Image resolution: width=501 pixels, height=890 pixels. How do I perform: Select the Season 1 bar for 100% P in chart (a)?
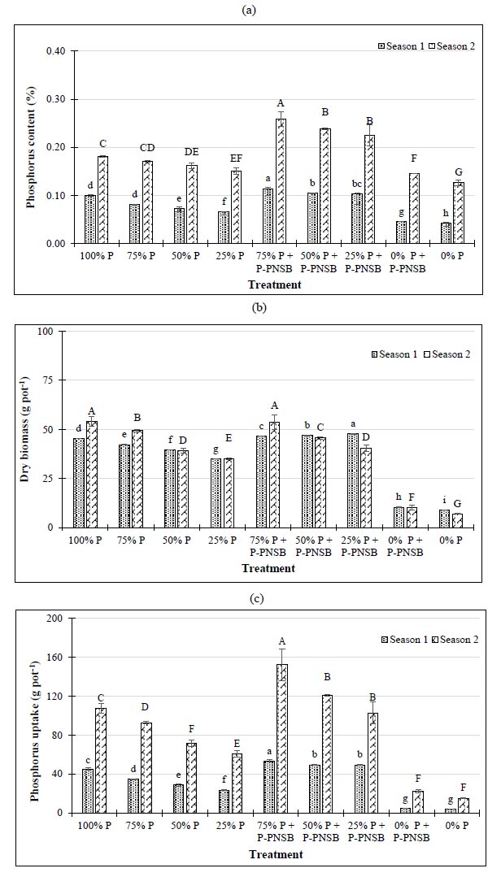pyautogui.click(x=90, y=219)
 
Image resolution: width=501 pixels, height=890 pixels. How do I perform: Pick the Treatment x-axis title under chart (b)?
pyautogui.click(x=268, y=568)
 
